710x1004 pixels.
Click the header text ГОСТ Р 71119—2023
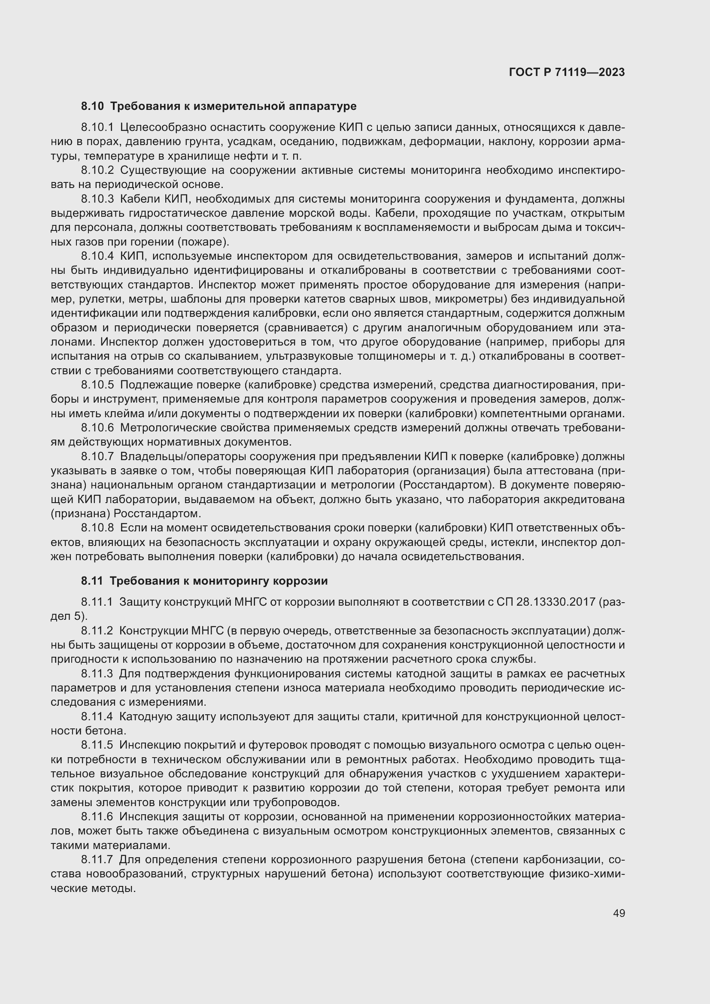point(567,73)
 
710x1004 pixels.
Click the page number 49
point(619,913)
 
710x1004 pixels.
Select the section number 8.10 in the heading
point(92,106)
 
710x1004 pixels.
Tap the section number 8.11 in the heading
point(92,581)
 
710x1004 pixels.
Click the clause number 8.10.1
point(97,127)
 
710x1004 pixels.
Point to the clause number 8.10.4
point(97,256)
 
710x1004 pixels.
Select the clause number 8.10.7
point(97,457)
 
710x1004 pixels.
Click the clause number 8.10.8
point(97,529)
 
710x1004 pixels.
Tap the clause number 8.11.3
point(97,674)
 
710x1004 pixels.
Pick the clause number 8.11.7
point(97,860)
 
